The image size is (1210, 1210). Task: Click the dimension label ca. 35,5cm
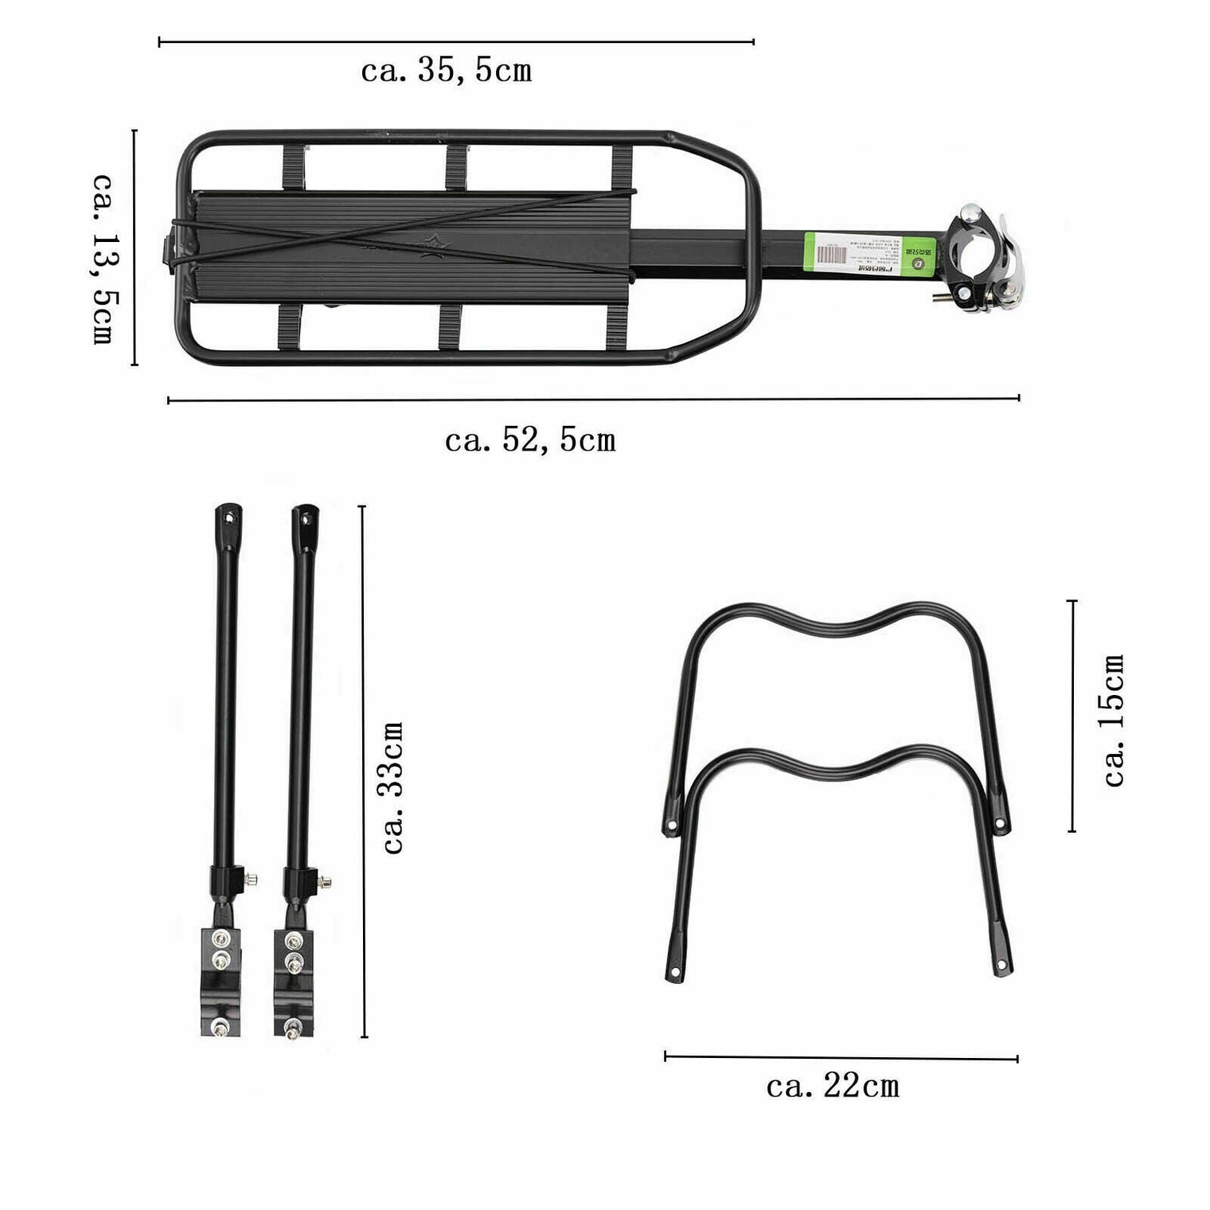[446, 71]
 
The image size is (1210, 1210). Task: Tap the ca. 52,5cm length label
[530, 440]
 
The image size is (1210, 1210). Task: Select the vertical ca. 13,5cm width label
[103, 258]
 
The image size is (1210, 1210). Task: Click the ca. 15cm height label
[1114, 720]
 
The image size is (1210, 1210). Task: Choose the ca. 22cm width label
[833, 1087]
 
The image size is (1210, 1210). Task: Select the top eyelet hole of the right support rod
[306, 518]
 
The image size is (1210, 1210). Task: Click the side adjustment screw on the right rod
[324, 882]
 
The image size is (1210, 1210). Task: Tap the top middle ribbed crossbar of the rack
[456, 168]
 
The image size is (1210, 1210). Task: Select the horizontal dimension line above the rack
[456, 41]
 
